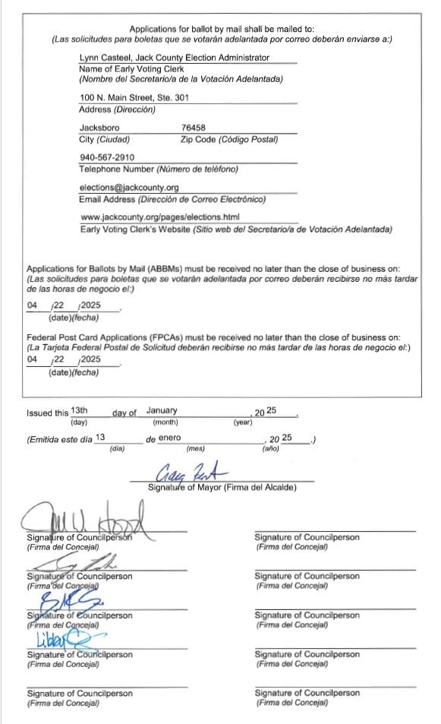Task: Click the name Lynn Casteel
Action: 103,58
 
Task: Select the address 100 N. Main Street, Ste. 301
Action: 134,97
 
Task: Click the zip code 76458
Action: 194,128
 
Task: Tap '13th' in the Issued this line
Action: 80,410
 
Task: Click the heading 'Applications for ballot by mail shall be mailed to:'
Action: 221,29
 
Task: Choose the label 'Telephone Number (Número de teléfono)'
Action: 158,169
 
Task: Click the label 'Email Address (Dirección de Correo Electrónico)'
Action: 172,200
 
